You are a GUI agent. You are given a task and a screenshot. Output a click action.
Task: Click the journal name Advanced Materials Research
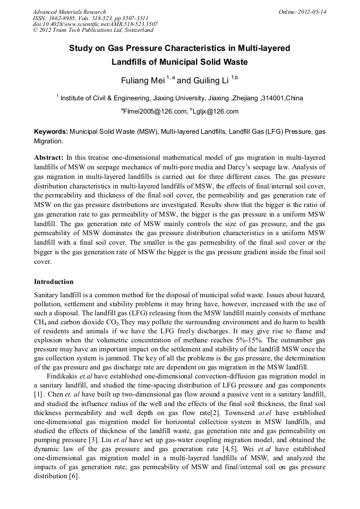click(x=70, y=12)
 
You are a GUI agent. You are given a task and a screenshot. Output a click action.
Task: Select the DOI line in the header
click(x=95, y=24)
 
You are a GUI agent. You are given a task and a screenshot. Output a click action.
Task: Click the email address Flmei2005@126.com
click(x=156, y=111)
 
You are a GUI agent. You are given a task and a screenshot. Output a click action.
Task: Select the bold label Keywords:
click(x=51, y=131)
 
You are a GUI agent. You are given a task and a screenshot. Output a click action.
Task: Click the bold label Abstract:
click(x=49, y=158)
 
